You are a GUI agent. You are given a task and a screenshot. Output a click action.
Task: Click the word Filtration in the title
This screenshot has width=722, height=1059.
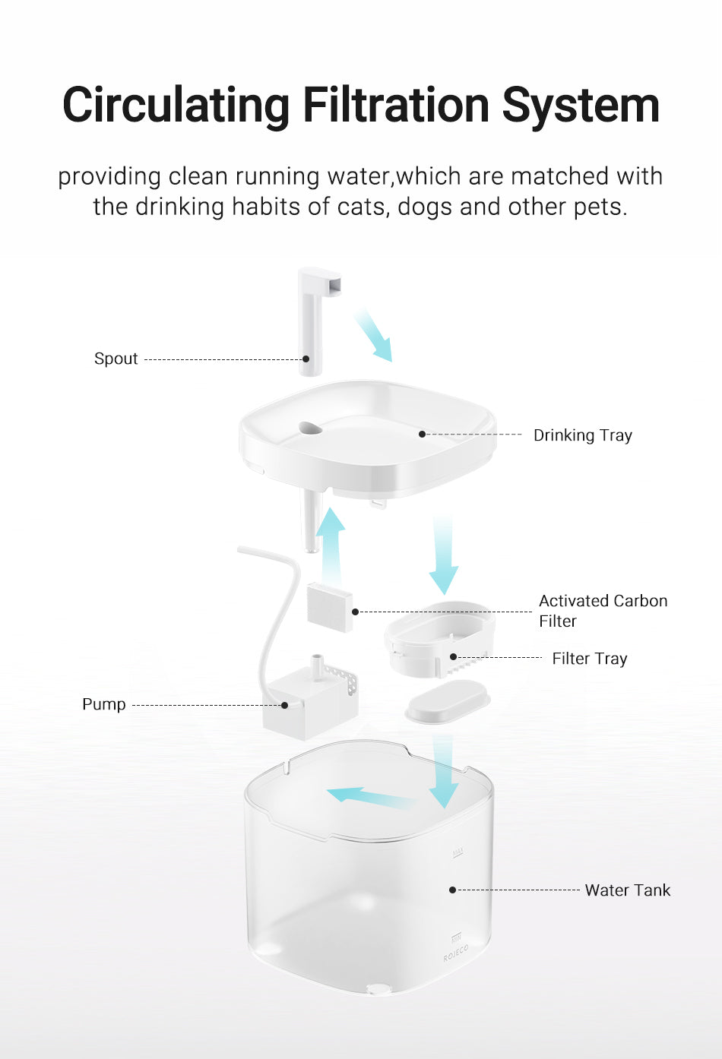point(396,105)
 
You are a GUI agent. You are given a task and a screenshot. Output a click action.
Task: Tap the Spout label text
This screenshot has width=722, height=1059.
point(116,359)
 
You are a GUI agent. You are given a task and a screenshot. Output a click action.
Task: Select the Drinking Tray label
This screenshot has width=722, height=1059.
point(582,435)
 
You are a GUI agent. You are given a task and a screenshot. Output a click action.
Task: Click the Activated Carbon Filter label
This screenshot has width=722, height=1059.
point(603,611)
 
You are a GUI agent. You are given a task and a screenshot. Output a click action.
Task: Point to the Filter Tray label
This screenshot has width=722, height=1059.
point(589,659)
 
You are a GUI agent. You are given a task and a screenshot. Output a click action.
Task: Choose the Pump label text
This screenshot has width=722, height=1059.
point(103,704)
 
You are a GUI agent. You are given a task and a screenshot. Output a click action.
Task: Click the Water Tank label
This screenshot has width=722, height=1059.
point(627,890)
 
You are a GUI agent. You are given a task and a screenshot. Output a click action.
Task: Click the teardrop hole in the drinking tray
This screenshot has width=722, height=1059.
point(310,428)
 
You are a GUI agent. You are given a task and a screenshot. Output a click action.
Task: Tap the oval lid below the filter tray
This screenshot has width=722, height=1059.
point(447,700)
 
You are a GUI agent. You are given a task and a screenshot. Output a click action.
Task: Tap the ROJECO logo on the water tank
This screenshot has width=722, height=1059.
point(456,953)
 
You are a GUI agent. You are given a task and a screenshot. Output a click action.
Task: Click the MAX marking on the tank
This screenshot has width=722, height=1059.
point(458,852)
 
